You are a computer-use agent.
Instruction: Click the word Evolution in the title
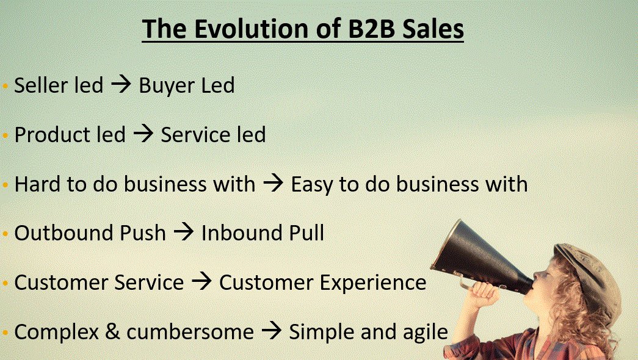pos(234,29)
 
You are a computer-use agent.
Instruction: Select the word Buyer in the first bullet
pos(161,85)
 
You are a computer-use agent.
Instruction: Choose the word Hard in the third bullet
pos(34,184)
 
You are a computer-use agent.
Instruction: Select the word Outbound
pos(59,233)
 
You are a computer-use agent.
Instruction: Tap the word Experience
pos(372,283)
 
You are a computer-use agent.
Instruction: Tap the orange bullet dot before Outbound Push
pos(6,234)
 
